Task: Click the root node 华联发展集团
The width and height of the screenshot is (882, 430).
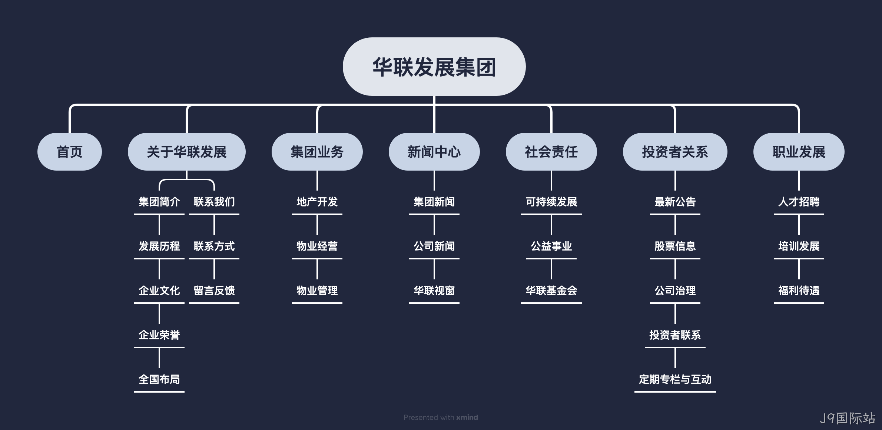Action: tap(434, 67)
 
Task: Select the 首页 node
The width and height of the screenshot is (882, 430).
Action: tap(70, 152)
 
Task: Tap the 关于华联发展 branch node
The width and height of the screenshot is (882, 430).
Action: tap(187, 152)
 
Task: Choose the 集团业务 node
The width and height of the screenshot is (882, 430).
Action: tap(317, 152)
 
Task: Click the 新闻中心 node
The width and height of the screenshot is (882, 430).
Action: tap(434, 152)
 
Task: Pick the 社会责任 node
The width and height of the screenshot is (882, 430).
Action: tap(551, 152)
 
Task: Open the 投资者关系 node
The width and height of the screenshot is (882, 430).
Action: tap(675, 152)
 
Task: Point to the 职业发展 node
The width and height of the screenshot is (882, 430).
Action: tap(799, 152)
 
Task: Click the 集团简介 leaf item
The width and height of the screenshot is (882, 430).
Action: tap(159, 202)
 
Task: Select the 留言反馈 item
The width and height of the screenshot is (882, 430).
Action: tap(214, 291)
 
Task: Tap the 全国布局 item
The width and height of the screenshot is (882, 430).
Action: tap(159, 380)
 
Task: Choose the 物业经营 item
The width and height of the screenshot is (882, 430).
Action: tap(317, 246)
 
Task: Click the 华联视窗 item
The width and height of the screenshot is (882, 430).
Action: tap(434, 291)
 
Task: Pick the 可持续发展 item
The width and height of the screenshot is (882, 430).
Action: tap(551, 202)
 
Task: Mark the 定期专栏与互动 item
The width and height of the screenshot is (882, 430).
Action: tap(675, 380)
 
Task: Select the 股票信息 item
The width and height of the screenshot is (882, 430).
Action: tap(675, 246)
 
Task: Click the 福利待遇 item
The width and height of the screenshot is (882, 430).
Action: tap(799, 291)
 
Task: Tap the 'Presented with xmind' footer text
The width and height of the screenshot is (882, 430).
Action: tap(441, 417)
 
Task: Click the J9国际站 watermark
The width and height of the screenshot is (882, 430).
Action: tap(848, 418)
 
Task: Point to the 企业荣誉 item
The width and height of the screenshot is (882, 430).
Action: tap(159, 335)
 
